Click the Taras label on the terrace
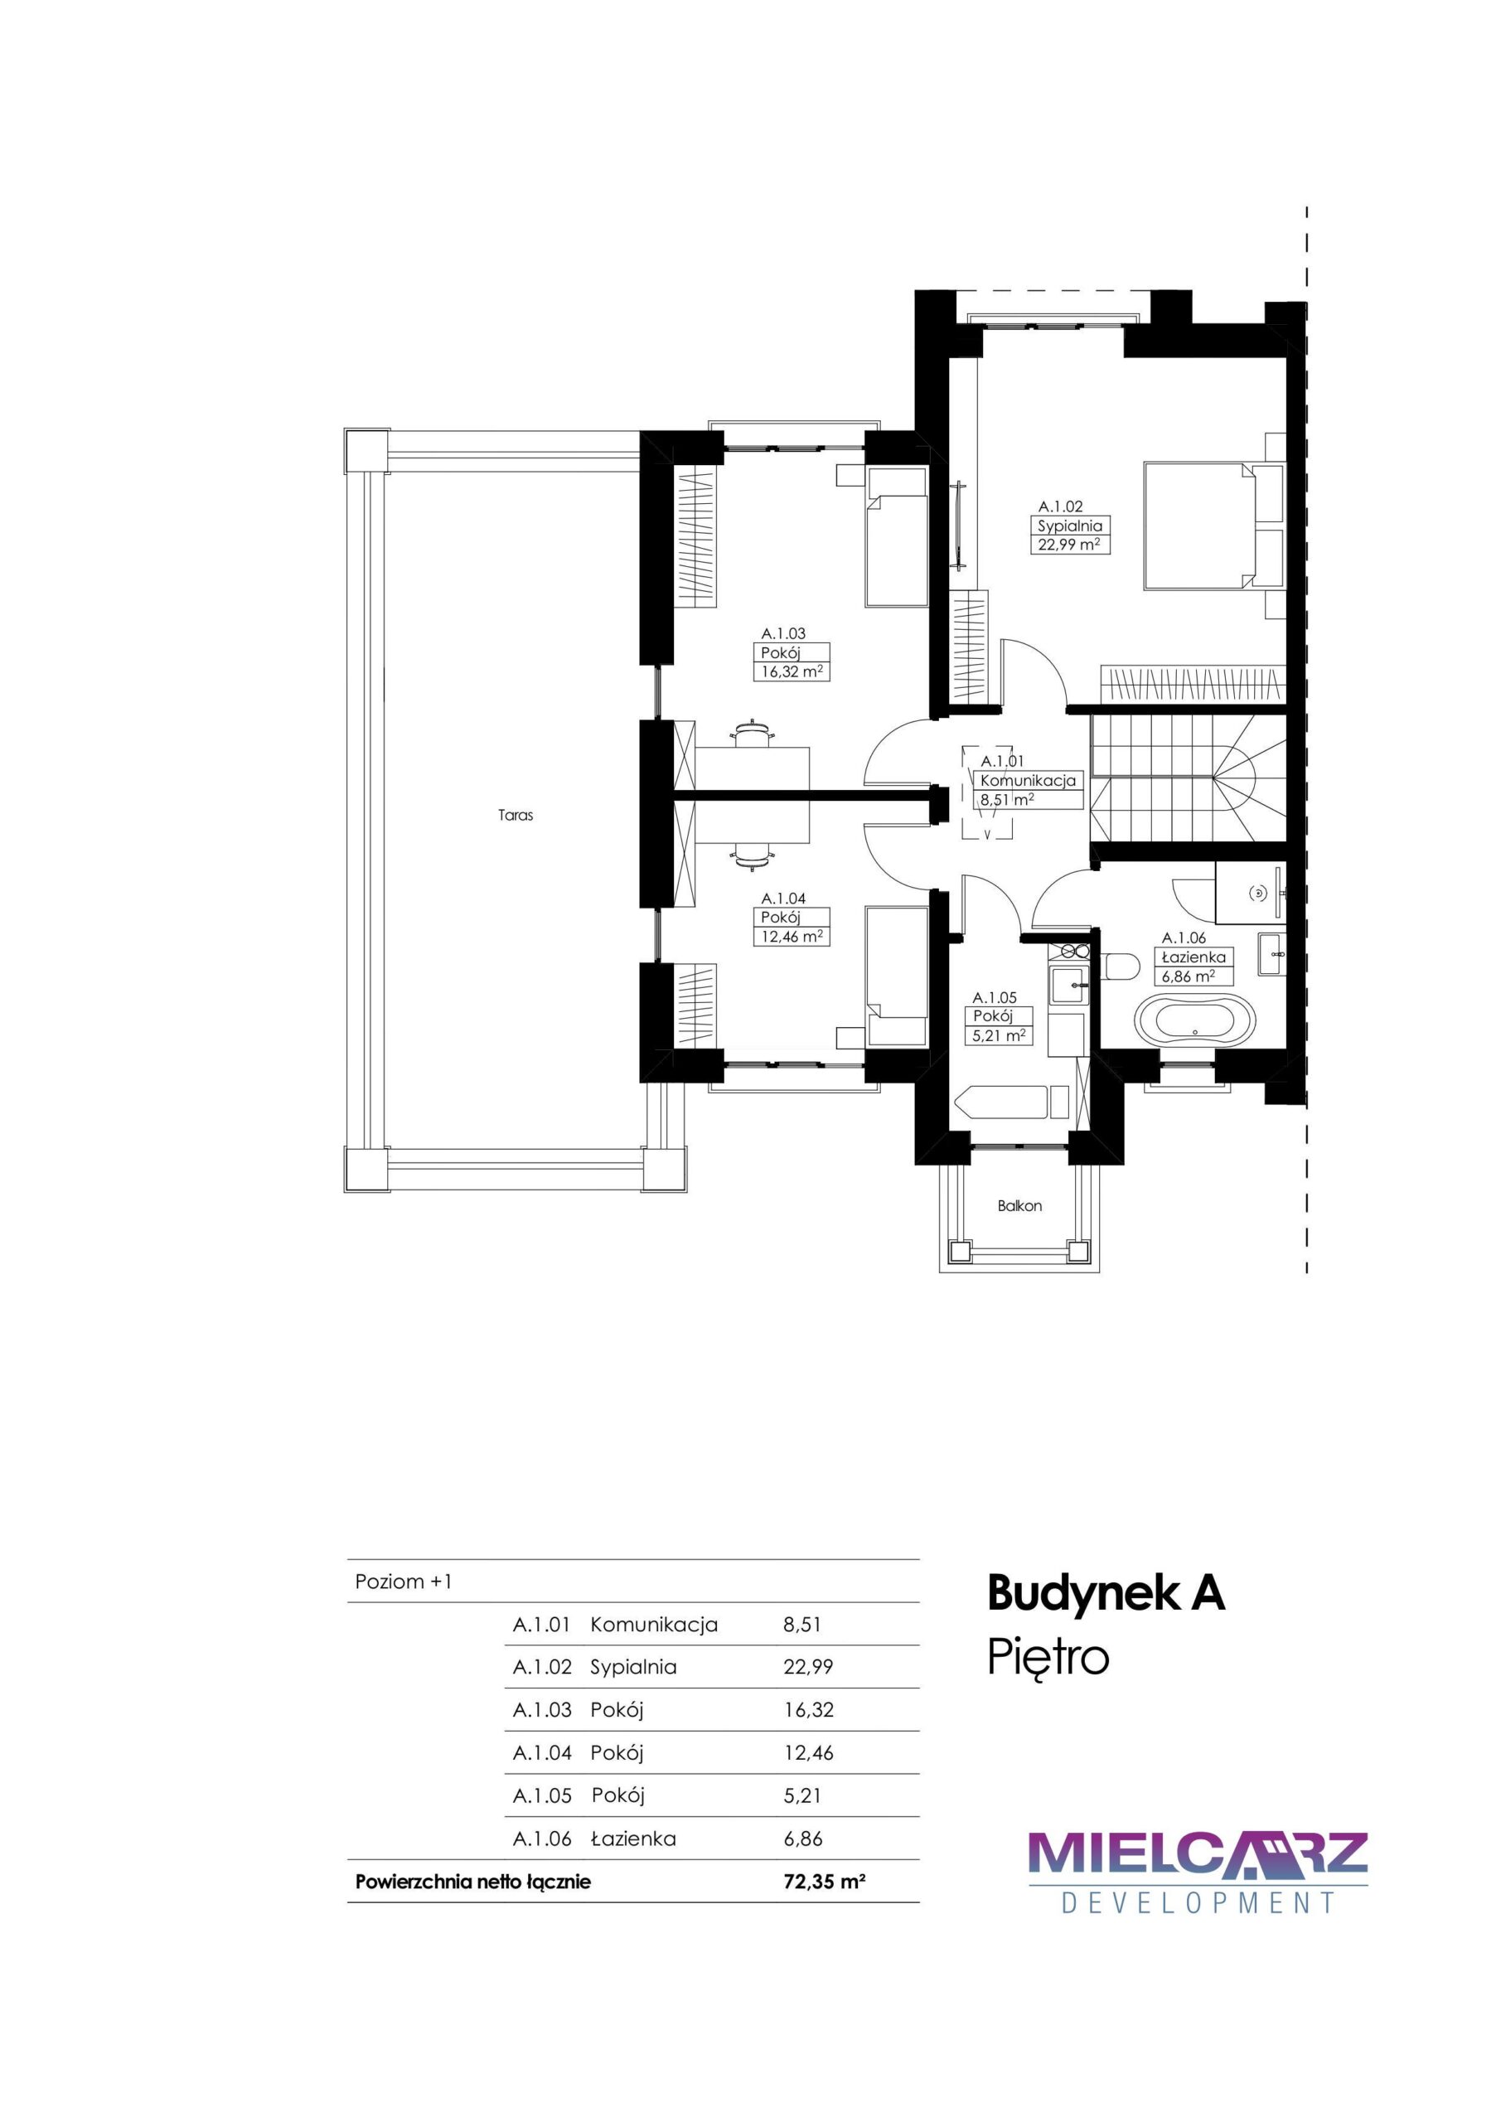(x=516, y=816)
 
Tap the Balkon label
(x=1019, y=1206)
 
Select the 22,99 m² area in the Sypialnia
(x=1070, y=545)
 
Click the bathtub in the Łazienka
(x=1194, y=1022)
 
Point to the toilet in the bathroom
(x=1121, y=966)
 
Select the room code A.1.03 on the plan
(x=784, y=634)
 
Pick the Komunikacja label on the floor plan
(x=1028, y=781)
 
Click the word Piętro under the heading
(x=1048, y=1658)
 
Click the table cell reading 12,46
(x=809, y=1752)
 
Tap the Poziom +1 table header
(x=404, y=1582)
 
